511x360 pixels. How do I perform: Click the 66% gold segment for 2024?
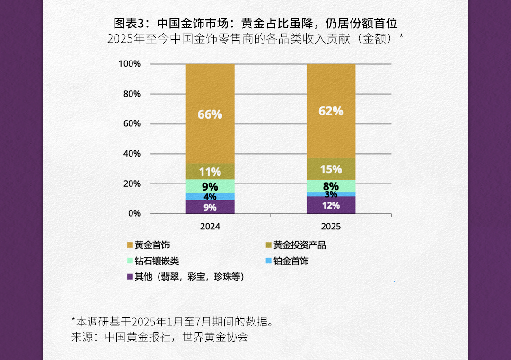tap(210, 114)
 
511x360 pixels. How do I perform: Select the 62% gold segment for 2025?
tap(331, 111)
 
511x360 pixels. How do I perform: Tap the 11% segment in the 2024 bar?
tap(210, 171)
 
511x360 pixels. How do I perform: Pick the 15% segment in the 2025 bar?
tap(331, 169)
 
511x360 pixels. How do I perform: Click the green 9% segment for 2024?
tap(210, 186)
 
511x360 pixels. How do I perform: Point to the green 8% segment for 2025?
tap(331, 186)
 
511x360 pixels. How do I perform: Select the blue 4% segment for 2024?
tap(210, 196)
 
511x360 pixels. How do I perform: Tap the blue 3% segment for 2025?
tap(331, 194)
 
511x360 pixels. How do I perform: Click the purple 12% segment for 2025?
tap(331, 205)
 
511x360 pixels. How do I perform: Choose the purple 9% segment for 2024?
tap(210, 207)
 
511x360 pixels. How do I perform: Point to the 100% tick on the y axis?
tap(129, 64)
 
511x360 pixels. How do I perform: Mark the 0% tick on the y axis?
tap(134, 214)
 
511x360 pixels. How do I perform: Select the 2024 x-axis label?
tap(210, 227)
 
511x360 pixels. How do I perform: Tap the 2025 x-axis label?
tap(331, 227)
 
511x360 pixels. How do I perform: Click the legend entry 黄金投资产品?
tap(300, 245)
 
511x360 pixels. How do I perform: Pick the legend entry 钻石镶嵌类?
tap(157, 261)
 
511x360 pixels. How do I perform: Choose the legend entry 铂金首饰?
tap(291, 261)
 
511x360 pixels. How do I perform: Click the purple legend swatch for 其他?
tap(130, 277)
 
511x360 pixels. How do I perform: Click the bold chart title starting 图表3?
tap(255, 23)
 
